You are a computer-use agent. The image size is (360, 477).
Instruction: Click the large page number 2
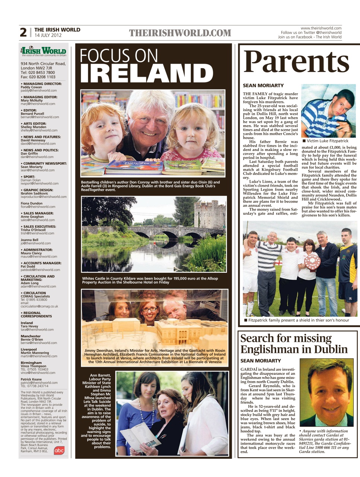pyautogui.click(x=23, y=32)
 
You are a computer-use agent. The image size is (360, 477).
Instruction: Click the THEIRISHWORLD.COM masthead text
pyautogui.click(x=180, y=33)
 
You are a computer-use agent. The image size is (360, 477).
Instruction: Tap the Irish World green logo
pyautogui.click(x=44, y=51)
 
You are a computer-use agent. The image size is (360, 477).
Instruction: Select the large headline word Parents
pyautogui.click(x=297, y=62)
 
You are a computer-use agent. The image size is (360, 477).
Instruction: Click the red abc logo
pyautogui.click(x=59, y=450)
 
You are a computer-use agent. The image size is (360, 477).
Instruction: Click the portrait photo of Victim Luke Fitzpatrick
pyautogui.click(x=328, y=111)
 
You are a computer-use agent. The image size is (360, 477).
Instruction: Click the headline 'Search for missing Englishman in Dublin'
pyautogui.click(x=294, y=344)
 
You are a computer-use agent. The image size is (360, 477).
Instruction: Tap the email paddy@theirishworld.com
pyautogui.click(x=39, y=91)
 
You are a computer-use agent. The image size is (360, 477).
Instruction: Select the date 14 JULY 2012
pyautogui.click(x=48, y=35)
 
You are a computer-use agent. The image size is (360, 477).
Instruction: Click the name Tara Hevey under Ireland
pyautogui.click(x=29, y=326)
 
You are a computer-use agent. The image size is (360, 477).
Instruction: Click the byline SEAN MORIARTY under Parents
pyautogui.click(x=263, y=85)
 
